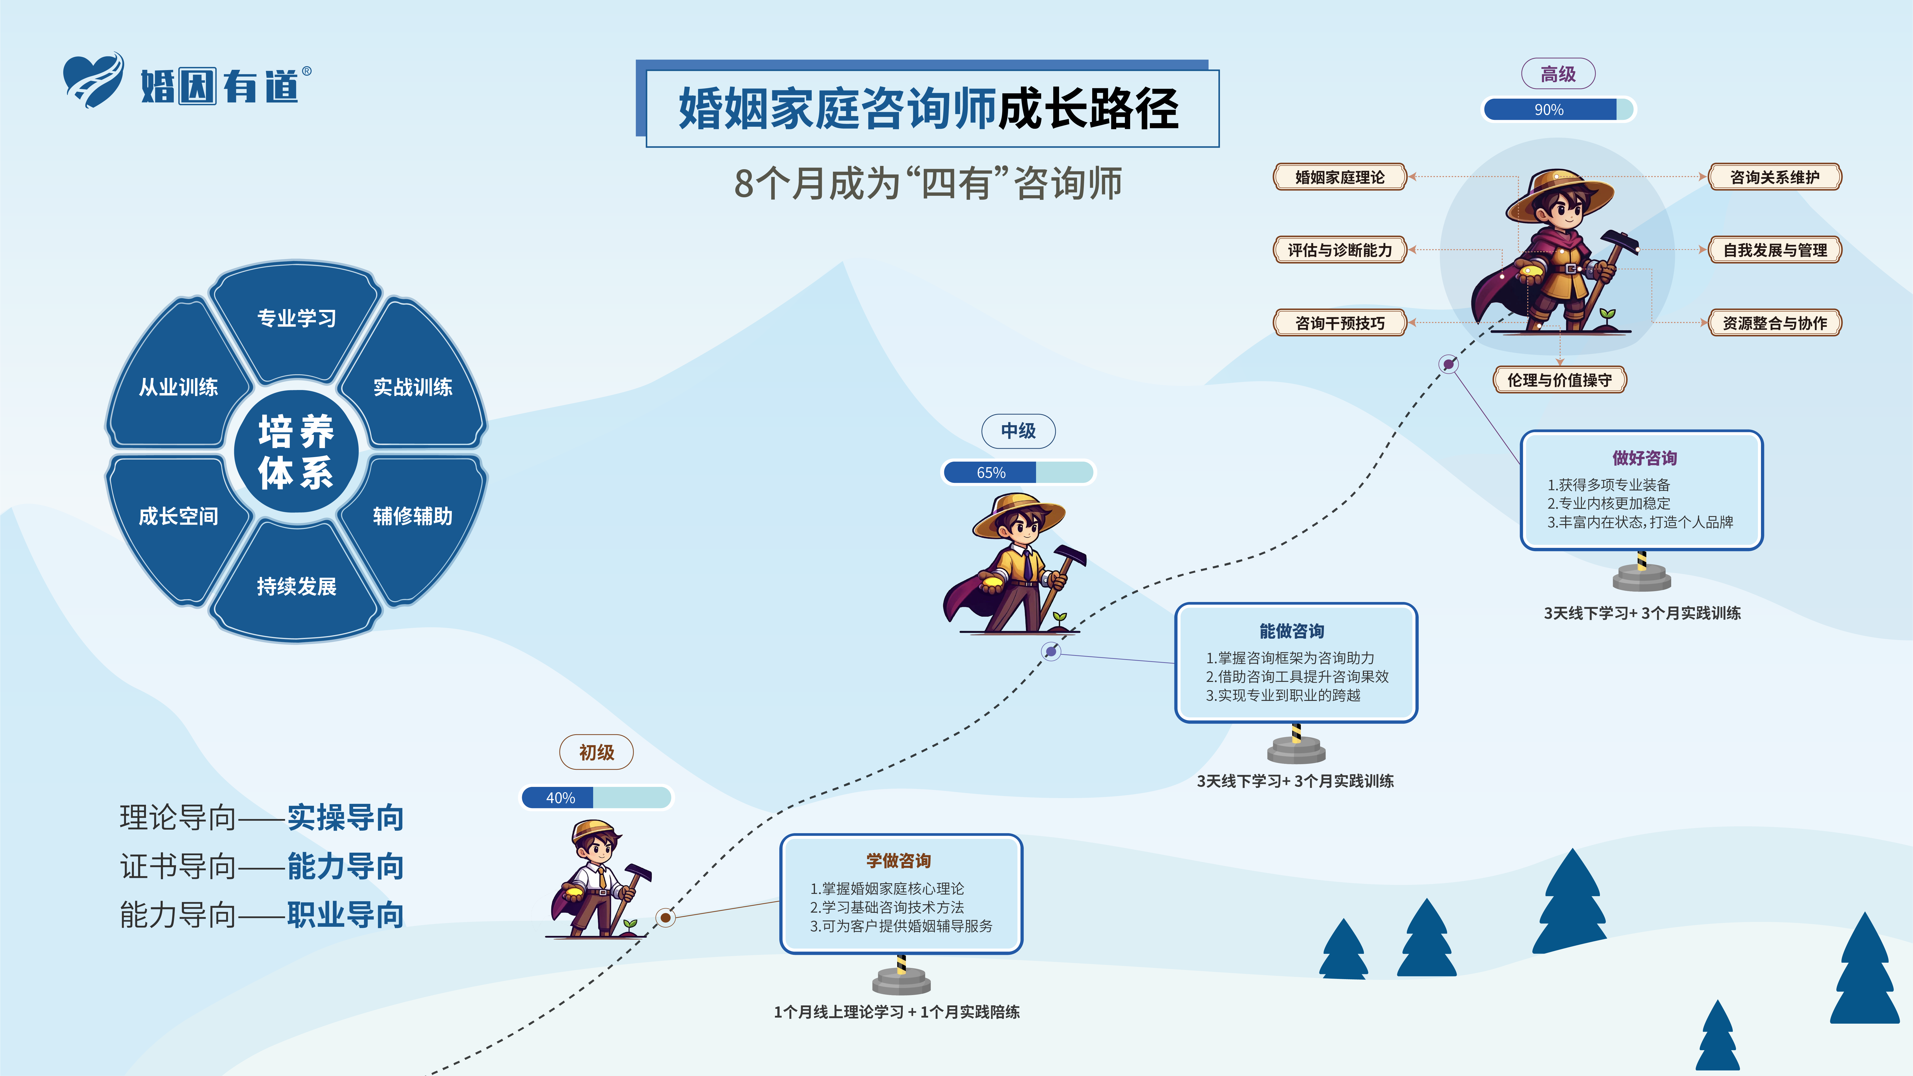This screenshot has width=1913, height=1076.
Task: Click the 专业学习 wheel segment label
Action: click(x=296, y=318)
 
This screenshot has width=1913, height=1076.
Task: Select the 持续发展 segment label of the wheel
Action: click(x=296, y=586)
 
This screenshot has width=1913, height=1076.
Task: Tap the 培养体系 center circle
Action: click(x=296, y=451)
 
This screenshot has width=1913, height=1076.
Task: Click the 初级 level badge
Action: click(x=596, y=752)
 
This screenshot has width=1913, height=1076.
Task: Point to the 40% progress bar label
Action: click(x=561, y=798)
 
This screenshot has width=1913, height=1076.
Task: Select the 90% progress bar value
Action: click(x=1549, y=109)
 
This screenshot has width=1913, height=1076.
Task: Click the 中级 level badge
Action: click(x=1018, y=431)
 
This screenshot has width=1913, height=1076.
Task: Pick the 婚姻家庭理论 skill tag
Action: click(x=1340, y=177)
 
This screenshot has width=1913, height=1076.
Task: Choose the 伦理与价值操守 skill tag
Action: click(x=1559, y=379)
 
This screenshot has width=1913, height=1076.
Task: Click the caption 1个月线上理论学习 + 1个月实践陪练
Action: click(x=896, y=1012)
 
